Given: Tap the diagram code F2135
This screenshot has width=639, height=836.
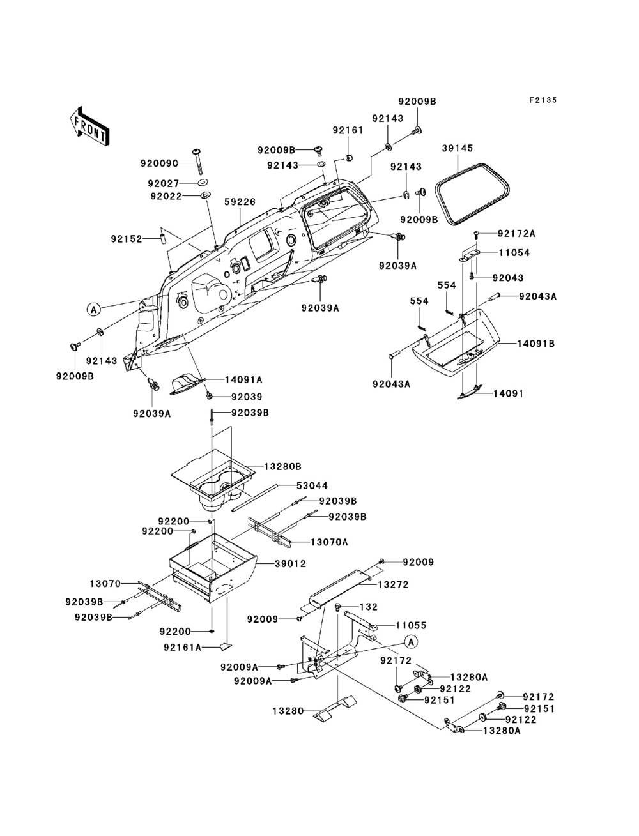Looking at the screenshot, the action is pos(543,100).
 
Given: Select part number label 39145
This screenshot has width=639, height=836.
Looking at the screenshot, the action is pos(458,148).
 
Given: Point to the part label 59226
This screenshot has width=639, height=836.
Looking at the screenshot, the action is pos(240,202).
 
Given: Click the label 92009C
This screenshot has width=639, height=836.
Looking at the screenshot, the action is pos(159,163).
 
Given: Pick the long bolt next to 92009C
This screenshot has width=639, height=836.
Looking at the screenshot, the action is pos(199,161).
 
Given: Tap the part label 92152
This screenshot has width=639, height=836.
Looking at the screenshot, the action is pos(127,239).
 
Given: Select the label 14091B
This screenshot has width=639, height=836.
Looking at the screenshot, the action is pos(535,344).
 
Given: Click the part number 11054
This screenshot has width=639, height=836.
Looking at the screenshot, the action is pos(514,252).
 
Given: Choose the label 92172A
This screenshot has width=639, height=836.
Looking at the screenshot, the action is pos(516,234).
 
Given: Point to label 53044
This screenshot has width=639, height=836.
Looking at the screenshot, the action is pos(312,485).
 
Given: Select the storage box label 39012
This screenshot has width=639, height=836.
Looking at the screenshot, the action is pos(290,564).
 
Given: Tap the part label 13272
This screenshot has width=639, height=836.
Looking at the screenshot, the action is pos(393,584).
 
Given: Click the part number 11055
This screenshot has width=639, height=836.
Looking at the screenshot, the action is pos(411,625).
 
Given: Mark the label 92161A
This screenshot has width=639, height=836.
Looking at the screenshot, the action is pos(183,647).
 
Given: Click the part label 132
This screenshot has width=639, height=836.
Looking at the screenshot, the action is pos(368,607).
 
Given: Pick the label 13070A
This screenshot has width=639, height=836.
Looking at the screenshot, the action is pos(329,542).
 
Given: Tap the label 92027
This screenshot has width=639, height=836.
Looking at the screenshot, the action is pos(164,183).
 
